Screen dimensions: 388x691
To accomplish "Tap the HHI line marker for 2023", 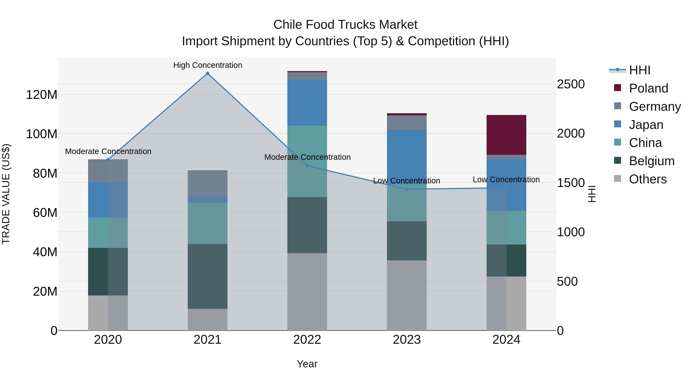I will coord(407,189).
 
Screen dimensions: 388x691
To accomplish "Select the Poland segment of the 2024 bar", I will coord(506,135).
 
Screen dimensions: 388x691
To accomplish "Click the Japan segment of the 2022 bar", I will coord(307,103).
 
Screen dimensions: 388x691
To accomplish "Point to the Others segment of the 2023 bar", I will coord(407,295).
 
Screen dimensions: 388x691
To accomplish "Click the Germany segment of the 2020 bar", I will coord(108,171).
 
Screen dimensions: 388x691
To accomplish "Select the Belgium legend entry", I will coord(651,161).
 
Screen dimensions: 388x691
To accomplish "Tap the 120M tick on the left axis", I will coord(42,95).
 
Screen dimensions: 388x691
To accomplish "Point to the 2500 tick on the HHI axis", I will coord(571,84).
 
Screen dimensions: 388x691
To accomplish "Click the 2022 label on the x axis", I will coord(307,340).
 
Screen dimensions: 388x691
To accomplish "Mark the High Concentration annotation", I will coord(208,65).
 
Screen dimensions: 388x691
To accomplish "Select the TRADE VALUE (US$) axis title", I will coord(6,194).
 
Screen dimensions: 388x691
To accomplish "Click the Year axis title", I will coord(307,364).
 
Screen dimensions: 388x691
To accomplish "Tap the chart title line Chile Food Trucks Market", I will coord(345,25).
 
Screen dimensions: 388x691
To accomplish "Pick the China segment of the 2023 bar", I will coord(407,203).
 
